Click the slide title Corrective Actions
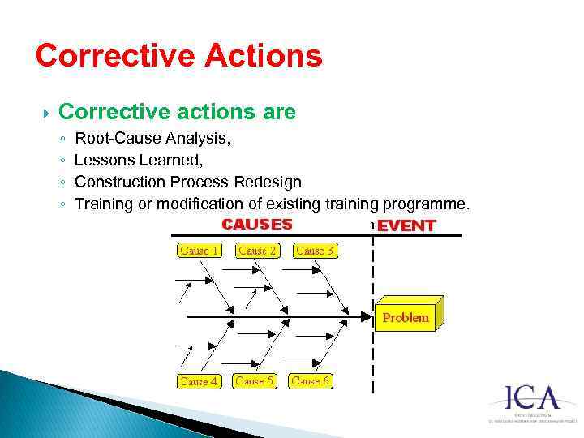pyautogui.click(x=178, y=56)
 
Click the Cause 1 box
pyautogui.click(x=199, y=251)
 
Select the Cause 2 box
pyautogui.click(x=258, y=251)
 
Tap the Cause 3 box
pyautogui.click(x=316, y=251)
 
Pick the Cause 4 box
pyautogui.click(x=199, y=381)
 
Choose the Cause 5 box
pyautogui.click(x=255, y=380)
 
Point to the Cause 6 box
pyautogui.click(x=311, y=380)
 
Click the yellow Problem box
pyautogui.click(x=406, y=317)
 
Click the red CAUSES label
pyautogui.click(x=257, y=224)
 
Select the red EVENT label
pyautogui.click(x=406, y=225)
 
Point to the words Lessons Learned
pyautogui.click(x=133, y=160)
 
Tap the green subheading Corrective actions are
pyautogui.click(x=178, y=112)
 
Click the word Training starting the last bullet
pyautogui.click(x=103, y=203)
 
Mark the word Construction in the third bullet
pyautogui.click(x=118, y=182)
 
